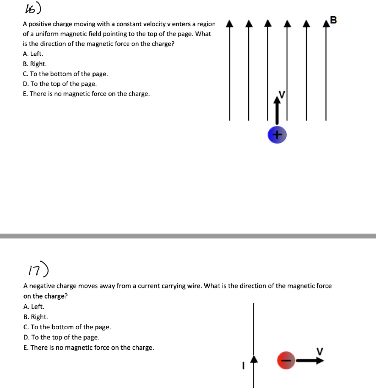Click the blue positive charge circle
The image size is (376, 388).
[x=277, y=135]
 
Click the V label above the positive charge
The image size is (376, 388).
[x=281, y=93]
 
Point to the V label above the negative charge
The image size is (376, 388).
[x=320, y=351]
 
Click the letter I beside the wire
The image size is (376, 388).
[x=243, y=366]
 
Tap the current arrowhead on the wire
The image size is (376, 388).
[x=254, y=358]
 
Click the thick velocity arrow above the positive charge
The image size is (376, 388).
[x=277, y=110]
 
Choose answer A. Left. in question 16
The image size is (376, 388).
[x=33, y=54]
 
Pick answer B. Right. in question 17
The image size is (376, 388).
[x=35, y=317]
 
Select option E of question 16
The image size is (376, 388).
[x=86, y=94]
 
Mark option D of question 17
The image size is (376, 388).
[x=61, y=337]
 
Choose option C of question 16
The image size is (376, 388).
[x=65, y=74]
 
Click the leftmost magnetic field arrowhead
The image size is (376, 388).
[x=229, y=25]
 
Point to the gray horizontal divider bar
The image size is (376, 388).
[x=188, y=236]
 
